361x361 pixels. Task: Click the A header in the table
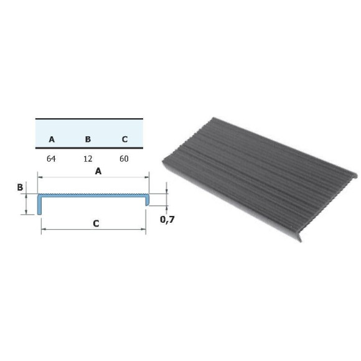(52, 139)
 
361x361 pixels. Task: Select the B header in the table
(88, 139)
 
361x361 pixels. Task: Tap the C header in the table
(124, 139)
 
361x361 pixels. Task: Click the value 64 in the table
(51, 159)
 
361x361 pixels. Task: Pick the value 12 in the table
(88, 159)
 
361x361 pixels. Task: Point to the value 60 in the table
(124, 159)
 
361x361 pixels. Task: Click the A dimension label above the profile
(98, 171)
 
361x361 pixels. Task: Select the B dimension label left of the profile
(20, 187)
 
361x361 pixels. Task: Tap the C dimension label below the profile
(96, 223)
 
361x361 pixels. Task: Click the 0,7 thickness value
(167, 220)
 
